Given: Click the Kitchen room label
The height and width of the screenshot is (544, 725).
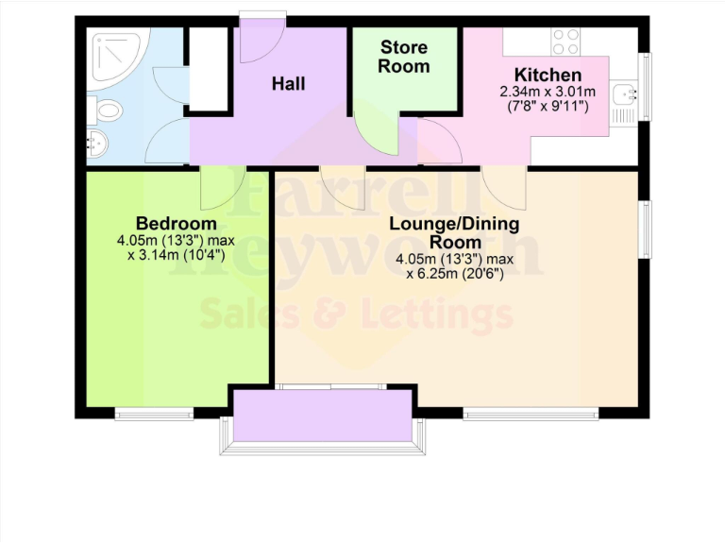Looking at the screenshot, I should click(548, 75).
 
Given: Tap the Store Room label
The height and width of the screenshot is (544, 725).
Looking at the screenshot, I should click(404, 57).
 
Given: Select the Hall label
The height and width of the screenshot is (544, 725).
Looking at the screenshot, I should click(289, 83).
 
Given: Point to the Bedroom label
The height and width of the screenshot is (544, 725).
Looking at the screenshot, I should click(177, 223).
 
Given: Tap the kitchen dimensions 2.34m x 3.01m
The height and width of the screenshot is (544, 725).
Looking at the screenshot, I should click(548, 92).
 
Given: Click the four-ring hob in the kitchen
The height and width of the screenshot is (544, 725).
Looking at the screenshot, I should click(566, 42).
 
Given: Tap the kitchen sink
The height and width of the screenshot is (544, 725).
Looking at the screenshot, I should click(625, 93).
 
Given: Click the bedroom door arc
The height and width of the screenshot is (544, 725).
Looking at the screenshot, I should click(224, 187).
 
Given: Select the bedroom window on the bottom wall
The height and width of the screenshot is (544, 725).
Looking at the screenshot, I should click(154, 413).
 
